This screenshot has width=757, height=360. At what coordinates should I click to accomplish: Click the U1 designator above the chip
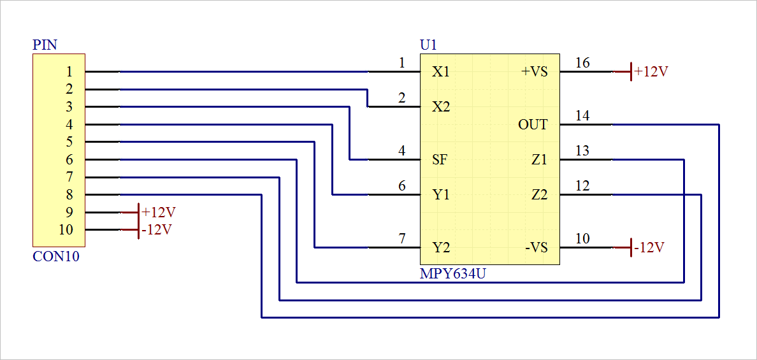[428, 45]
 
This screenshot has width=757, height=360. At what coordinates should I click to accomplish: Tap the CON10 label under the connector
[56, 257]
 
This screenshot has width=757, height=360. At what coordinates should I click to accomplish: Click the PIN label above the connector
[45, 45]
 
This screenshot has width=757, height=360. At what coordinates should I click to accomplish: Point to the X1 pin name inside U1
[441, 72]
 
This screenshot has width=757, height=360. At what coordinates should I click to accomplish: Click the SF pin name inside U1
[440, 160]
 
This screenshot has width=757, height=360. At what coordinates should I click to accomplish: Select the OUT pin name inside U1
[533, 125]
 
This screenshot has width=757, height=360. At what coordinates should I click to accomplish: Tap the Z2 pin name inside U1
[539, 195]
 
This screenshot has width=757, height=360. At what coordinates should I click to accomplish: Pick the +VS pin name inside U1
[535, 72]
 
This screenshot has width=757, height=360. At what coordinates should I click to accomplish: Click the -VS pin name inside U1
[536, 248]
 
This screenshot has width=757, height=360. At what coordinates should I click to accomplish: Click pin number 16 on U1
[582, 63]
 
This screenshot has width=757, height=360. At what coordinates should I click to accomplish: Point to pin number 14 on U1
[582, 116]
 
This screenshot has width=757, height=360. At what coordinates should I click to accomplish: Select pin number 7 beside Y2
[401, 239]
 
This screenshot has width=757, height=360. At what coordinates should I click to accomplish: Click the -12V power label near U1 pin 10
[649, 248]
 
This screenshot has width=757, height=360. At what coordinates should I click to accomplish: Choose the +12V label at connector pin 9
[159, 212]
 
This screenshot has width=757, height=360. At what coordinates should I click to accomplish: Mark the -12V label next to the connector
[157, 229]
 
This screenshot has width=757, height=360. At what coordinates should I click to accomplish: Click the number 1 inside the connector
[69, 72]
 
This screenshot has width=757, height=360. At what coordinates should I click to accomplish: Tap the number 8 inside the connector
[69, 195]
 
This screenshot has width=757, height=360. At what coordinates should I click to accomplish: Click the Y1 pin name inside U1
[441, 195]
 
